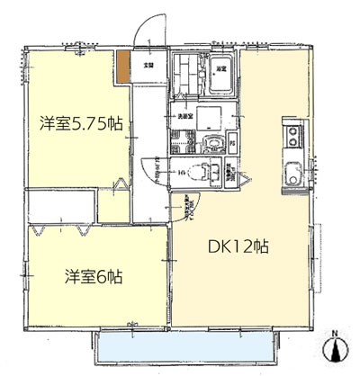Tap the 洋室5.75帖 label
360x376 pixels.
[80, 125]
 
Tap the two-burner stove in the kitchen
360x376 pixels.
[293, 137]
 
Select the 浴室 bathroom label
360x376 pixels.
[221, 67]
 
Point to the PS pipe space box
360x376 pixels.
[233, 145]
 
